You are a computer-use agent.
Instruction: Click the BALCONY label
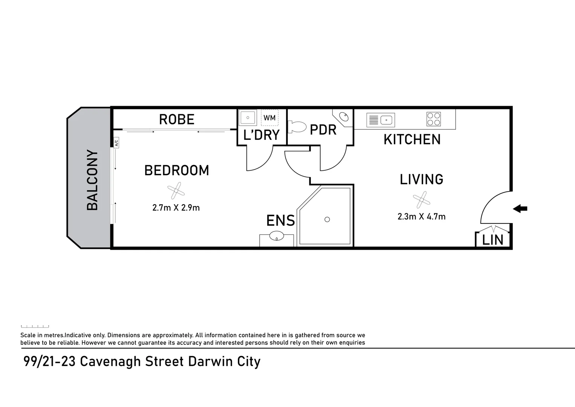pos(92,180)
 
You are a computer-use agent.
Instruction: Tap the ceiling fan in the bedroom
pos(176,191)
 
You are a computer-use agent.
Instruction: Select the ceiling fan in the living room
pos(421,200)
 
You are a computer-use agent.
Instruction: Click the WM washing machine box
pos(269,118)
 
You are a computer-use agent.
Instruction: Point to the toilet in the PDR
pos(297,127)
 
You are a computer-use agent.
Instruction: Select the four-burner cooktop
pos(433,119)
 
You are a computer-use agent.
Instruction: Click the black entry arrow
pos(520,208)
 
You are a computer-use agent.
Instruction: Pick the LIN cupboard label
pos(493,240)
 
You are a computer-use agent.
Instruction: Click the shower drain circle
pos(327,219)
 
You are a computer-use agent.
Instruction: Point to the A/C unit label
pos(116,143)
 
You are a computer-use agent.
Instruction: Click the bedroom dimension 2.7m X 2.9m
pos(176,208)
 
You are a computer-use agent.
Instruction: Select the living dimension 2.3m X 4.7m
pos(421,216)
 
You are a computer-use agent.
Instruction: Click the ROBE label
pos(176,119)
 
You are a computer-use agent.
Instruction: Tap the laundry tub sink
pos(248,118)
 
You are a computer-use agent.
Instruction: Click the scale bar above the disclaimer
pos(35,326)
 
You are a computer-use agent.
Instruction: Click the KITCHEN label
pos(412,139)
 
